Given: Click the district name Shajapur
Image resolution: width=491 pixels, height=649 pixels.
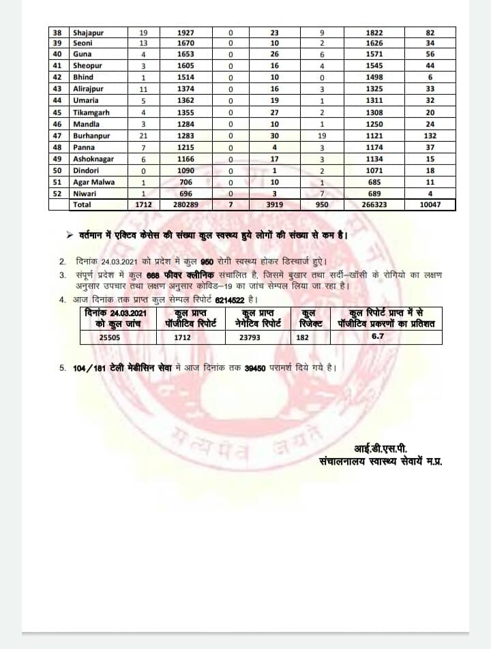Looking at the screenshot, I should [x=89, y=32].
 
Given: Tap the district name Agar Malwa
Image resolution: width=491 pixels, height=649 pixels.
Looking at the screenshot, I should [x=93, y=182].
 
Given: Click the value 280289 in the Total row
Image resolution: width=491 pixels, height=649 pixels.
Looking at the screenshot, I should [x=185, y=205].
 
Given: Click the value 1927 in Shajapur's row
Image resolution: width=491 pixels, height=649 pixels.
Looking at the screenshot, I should [x=185, y=32].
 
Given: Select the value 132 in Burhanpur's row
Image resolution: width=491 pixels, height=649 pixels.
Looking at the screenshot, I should [x=430, y=136].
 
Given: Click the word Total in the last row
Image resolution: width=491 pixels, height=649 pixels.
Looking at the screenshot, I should [x=82, y=205].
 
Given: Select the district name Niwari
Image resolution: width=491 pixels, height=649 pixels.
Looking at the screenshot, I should [x=85, y=194].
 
